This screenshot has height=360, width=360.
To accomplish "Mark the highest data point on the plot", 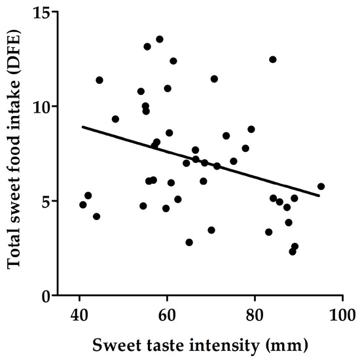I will [x=160, y=39].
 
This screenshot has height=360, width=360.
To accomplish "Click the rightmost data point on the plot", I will [x=321, y=187].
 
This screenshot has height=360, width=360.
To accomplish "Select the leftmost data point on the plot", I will [x=83, y=205].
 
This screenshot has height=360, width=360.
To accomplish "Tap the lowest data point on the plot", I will [x=293, y=251].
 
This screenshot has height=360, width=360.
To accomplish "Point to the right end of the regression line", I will [x=319, y=195].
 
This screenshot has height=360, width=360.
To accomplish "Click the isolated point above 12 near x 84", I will [x=273, y=60].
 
